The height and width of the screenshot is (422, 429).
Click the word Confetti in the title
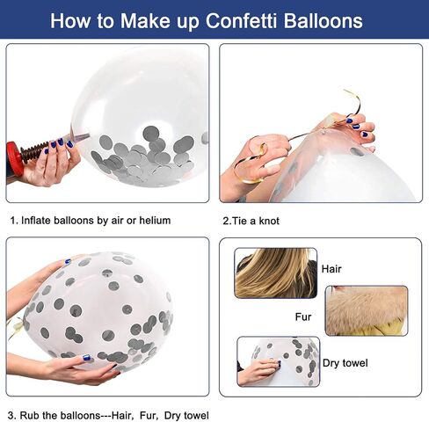click(241, 20)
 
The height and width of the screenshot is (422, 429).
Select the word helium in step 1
click(155, 221)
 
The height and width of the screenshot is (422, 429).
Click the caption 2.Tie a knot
click(251, 221)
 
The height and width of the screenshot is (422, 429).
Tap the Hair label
click(331, 269)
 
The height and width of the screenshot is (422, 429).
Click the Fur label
click(303, 316)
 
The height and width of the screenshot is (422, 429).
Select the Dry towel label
click(345, 363)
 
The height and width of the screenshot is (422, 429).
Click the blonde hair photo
click(276, 273)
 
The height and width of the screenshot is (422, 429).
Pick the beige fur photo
click(367, 310)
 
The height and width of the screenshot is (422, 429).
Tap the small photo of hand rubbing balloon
click(279, 361)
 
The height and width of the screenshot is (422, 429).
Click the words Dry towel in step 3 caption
click(186, 416)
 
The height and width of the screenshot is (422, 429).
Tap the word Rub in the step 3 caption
click(30, 416)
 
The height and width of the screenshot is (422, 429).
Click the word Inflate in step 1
click(35, 221)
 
